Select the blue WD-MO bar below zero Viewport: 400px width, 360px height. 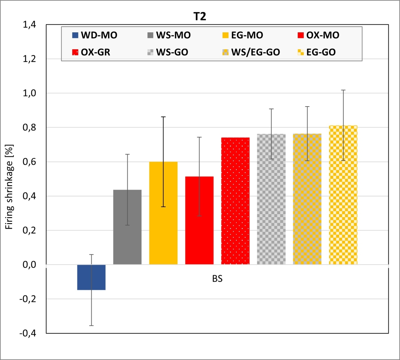(x=91, y=277)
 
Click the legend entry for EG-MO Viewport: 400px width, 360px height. (x=243, y=35)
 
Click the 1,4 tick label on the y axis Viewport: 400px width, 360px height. (x=30, y=25)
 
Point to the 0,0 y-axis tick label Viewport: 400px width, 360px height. (x=30, y=265)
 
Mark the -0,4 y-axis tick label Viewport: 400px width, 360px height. (x=28, y=333)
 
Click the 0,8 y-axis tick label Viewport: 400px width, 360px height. (x=30, y=128)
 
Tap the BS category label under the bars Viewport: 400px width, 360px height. (x=217, y=279)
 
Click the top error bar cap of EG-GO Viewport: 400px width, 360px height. (x=343, y=90)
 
